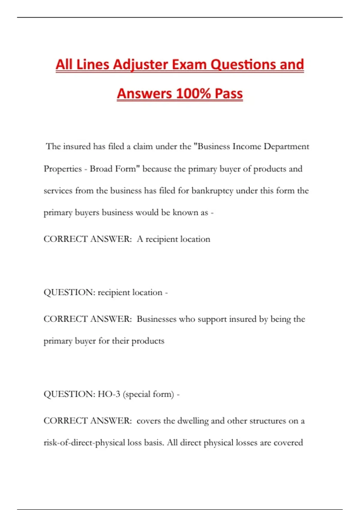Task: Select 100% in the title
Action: pos(193,94)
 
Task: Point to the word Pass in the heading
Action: pos(229,94)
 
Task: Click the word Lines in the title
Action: pos(92,65)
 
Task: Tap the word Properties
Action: pos(63,169)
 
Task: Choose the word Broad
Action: pos(101,169)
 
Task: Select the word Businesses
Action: pos(156,319)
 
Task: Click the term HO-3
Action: pos(109,394)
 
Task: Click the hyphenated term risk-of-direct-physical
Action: pos(84,443)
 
